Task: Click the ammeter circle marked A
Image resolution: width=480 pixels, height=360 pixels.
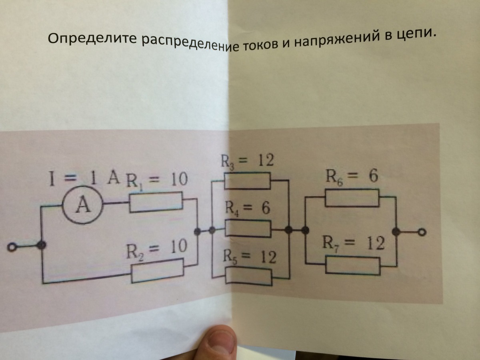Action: click(x=84, y=207)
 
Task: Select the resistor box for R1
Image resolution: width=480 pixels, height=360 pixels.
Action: click(x=156, y=202)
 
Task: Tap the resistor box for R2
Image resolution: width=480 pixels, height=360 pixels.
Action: click(x=158, y=270)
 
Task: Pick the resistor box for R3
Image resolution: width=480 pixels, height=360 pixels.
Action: click(x=248, y=181)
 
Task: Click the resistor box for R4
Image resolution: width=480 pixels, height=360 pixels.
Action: click(x=248, y=229)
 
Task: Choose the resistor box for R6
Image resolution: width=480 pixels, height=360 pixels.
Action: click(x=352, y=198)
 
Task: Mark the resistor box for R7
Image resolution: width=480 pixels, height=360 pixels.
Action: click(x=352, y=265)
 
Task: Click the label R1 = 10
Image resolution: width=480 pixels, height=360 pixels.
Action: click(x=157, y=181)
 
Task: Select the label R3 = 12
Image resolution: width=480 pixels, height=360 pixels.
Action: click(x=248, y=161)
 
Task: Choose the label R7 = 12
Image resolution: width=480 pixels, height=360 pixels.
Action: click(x=354, y=243)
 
